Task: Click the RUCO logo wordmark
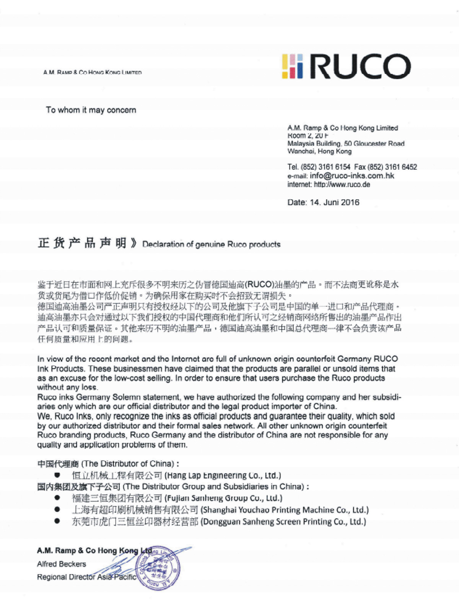pos(361,67)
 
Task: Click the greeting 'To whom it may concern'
pos(91,110)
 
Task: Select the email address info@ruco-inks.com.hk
pos(352,176)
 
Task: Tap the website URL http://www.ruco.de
pos(342,185)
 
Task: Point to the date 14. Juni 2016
pos(335,202)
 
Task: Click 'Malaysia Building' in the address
pos(314,144)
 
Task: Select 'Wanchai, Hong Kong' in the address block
pos(319,151)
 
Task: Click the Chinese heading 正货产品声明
pos(82,243)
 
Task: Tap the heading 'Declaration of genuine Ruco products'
pos(211,244)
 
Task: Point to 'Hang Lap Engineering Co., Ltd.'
pos(223,476)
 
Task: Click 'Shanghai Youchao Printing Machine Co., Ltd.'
pos(285,510)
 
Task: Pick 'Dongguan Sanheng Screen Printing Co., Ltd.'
pos(283,522)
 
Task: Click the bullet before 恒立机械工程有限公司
pos(57,475)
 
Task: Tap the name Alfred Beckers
pos(62,564)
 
